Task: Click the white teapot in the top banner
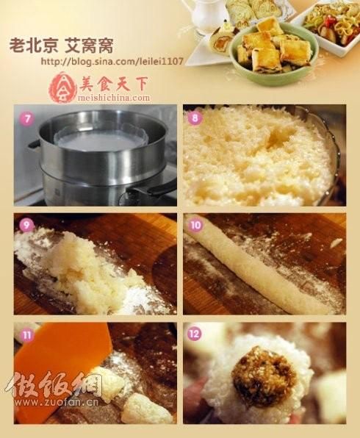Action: pos(204,12)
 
